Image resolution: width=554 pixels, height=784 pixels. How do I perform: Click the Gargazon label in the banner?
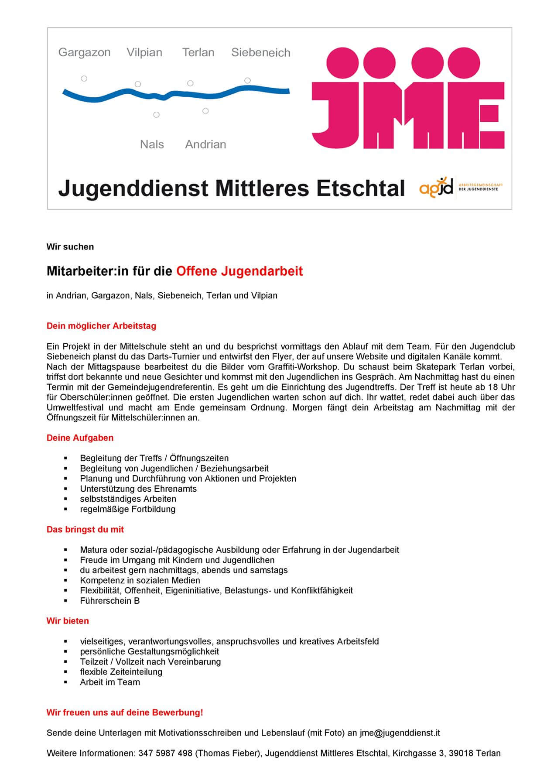click(x=84, y=53)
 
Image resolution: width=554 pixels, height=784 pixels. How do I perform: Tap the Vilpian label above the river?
click(x=144, y=53)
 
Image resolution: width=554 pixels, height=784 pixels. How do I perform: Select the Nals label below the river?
click(x=152, y=144)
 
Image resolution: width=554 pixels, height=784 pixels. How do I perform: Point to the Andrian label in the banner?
click(x=205, y=144)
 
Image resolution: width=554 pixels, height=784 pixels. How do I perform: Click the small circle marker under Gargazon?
click(x=84, y=79)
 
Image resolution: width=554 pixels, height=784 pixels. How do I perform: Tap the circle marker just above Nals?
click(x=156, y=115)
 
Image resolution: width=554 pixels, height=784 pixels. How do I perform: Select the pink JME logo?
click(x=408, y=98)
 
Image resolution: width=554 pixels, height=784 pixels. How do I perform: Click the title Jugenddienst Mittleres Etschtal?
click(x=232, y=188)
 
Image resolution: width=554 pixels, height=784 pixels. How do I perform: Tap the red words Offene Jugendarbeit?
click(x=239, y=271)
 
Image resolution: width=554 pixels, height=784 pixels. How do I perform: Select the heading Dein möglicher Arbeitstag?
click(x=101, y=326)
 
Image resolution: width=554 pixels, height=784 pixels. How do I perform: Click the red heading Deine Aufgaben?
click(x=80, y=438)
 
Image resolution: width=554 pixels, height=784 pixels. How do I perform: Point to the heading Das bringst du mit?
click(x=85, y=529)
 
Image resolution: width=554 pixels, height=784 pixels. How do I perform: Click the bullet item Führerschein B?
click(x=110, y=601)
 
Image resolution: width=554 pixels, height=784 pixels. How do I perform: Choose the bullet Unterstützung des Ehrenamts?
click(x=138, y=489)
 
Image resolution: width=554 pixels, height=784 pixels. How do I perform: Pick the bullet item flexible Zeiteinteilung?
click(x=121, y=672)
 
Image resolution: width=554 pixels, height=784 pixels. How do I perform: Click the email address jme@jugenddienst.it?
click(x=400, y=733)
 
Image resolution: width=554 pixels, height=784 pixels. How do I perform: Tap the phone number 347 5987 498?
click(x=165, y=753)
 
